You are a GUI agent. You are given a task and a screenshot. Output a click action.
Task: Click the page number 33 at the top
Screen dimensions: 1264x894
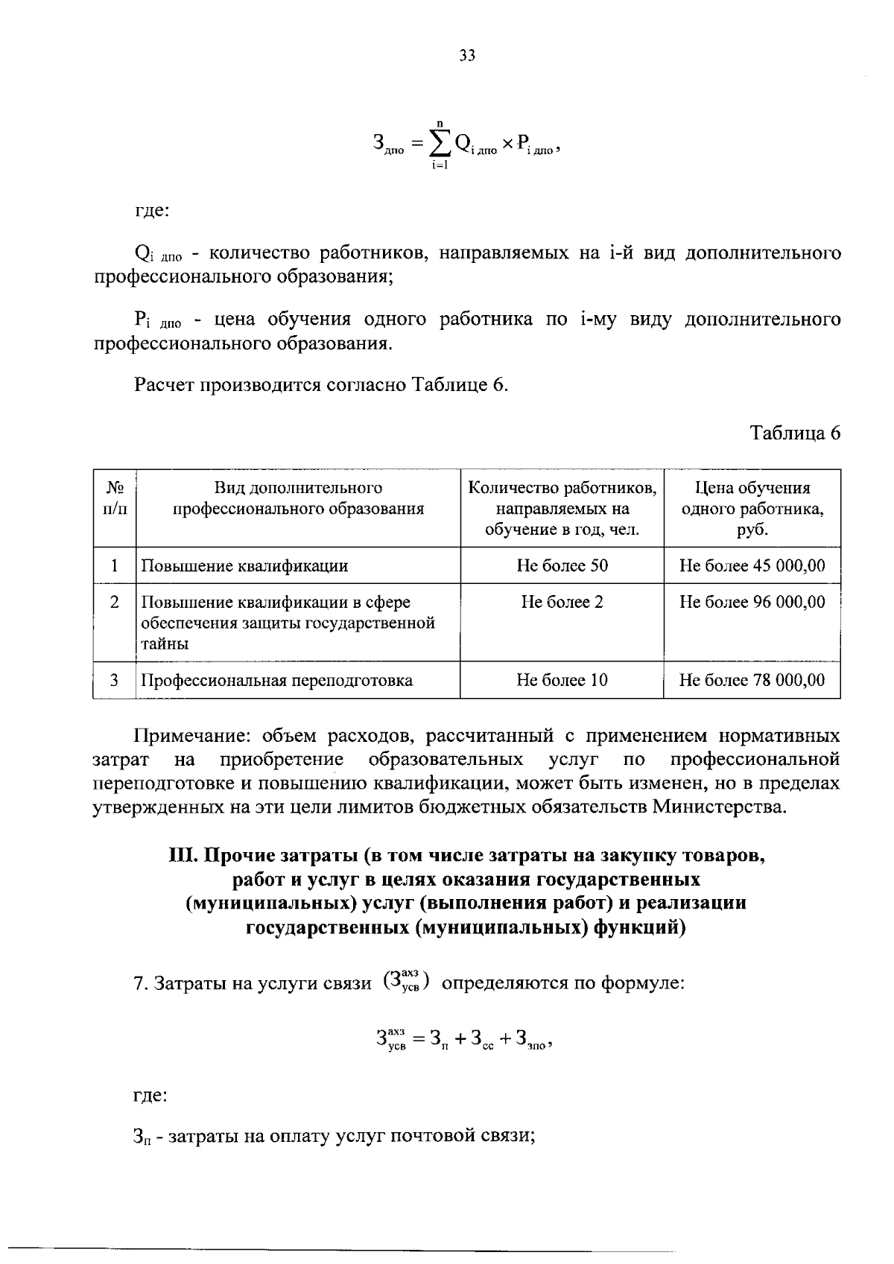(x=467, y=56)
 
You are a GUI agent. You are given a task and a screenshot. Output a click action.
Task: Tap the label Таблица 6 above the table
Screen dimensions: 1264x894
(x=795, y=433)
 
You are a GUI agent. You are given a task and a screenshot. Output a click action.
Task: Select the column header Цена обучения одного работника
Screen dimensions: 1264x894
(x=752, y=509)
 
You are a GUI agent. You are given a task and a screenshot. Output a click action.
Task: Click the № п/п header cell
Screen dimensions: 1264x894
(x=114, y=498)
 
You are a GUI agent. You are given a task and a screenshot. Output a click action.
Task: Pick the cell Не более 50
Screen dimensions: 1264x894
(x=562, y=565)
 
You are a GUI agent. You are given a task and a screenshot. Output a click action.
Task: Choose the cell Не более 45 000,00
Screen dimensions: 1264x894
(x=752, y=565)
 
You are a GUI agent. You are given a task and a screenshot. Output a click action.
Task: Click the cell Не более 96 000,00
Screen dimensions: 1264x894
(x=752, y=602)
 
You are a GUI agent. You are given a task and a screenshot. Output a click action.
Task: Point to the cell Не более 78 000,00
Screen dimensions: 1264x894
(x=752, y=680)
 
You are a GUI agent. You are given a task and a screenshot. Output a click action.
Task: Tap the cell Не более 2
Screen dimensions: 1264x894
(x=562, y=602)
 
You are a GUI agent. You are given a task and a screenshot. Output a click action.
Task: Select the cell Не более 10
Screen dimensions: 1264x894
(x=562, y=680)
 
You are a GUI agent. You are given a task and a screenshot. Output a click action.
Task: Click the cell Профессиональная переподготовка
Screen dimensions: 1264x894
(x=276, y=680)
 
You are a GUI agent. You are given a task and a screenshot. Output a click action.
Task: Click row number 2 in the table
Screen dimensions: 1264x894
(x=114, y=602)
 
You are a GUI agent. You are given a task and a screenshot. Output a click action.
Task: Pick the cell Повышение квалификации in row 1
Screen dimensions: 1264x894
(x=244, y=566)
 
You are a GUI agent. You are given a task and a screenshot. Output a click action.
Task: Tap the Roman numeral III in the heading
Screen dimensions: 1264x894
(x=182, y=856)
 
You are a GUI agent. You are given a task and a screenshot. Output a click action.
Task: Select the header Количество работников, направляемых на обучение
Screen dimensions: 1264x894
(x=562, y=509)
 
